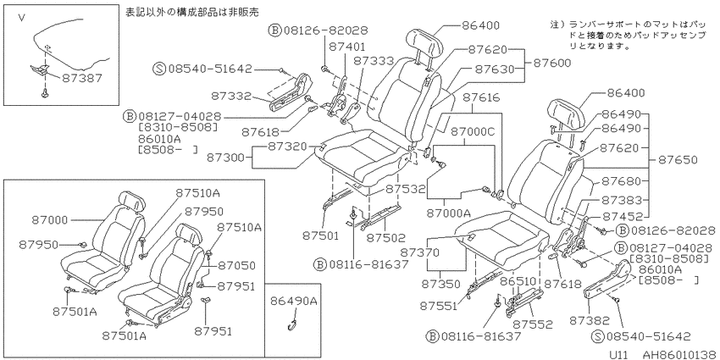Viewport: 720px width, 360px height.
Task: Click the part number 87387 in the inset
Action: [81, 79]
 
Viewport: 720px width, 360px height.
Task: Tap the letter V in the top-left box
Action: [21, 18]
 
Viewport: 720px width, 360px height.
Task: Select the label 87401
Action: [347, 47]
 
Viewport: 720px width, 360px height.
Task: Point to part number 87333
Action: [374, 61]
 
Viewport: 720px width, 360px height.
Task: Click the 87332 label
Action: [231, 96]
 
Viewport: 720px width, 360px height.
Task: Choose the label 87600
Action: [551, 63]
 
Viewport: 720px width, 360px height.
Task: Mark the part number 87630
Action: [495, 69]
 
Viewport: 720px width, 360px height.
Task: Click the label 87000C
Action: [473, 131]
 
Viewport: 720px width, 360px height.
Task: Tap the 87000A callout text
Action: [449, 213]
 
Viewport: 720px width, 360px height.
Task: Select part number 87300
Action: [226, 158]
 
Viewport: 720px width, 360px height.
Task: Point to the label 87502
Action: [386, 237]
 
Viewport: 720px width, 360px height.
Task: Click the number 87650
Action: [678, 160]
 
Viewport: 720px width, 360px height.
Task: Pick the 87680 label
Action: [621, 181]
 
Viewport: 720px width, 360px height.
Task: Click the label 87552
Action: [533, 324]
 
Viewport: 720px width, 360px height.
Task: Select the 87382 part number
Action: [590, 320]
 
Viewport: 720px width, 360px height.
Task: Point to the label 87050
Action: [236, 266]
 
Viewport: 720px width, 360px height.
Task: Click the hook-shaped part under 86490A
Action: [291, 324]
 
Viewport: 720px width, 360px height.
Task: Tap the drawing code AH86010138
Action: [678, 354]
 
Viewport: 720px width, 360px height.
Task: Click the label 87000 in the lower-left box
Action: [50, 220]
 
